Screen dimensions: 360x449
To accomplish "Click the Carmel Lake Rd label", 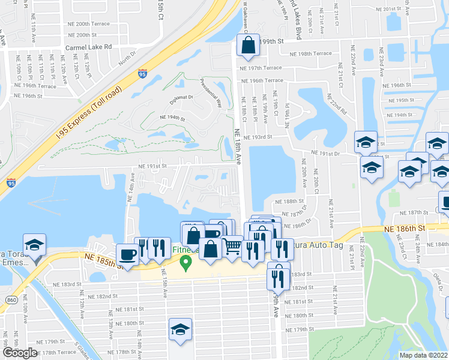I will click(89, 46).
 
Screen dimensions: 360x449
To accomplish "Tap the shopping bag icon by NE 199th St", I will click(248, 44).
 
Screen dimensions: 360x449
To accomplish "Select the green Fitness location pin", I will click(186, 262).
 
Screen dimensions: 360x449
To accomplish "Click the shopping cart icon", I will click(232, 246).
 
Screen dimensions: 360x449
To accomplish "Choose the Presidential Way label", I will click(211, 92).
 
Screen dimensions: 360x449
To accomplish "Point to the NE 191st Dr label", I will click(325, 154).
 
